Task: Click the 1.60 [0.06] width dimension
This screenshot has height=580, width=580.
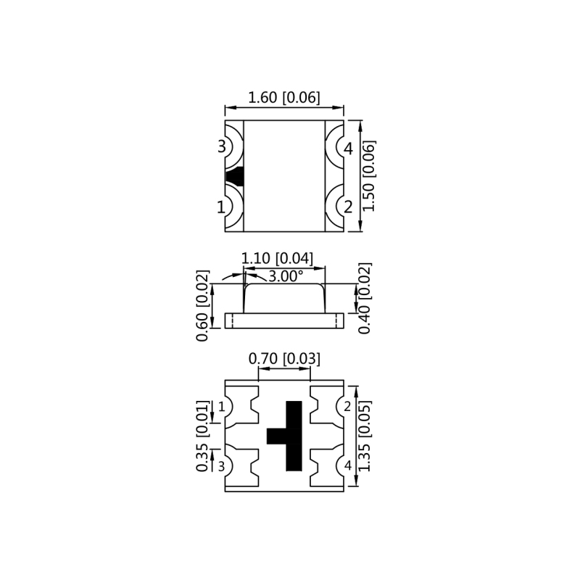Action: click(284, 97)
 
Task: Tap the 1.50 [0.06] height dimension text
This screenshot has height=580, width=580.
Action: click(369, 176)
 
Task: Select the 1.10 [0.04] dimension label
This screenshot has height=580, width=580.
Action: click(277, 258)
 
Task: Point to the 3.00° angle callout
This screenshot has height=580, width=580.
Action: click(286, 276)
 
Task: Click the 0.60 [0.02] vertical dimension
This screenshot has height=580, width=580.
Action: click(203, 305)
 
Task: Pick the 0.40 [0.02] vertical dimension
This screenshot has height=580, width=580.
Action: click(365, 298)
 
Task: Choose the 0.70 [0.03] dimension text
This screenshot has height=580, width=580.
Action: click(284, 359)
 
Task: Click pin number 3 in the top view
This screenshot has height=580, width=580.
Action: click(222, 147)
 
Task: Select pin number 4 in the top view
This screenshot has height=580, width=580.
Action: click(348, 149)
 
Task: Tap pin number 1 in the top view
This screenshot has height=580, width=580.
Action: click(221, 207)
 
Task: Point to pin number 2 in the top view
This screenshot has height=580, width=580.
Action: click(348, 207)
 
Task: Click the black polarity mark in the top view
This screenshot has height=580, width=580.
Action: click(235, 176)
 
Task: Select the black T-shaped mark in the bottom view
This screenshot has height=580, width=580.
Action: click(290, 436)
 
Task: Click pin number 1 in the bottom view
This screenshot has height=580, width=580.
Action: click(222, 407)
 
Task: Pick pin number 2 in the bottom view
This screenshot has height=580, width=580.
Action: click(347, 407)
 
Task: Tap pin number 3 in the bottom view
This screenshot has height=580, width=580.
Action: click(222, 466)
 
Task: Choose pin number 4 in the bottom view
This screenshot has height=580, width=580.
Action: click(347, 466)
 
